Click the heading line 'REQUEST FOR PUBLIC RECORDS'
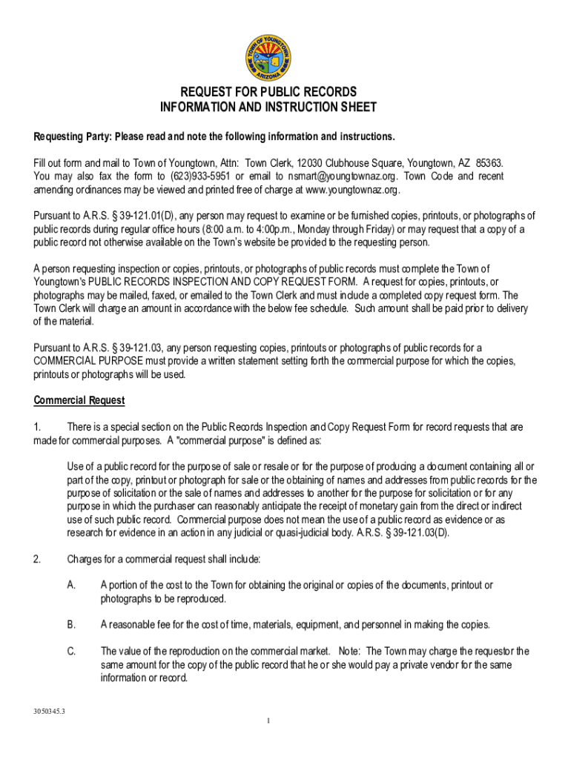click(269, 93)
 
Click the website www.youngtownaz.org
click(352, 190)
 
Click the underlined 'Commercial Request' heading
click(79, 401)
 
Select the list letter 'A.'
click(72, 586)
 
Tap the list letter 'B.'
click(72, 625)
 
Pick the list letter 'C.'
click(72, 652)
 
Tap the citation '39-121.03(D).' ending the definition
click(412, 532)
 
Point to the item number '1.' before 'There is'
click(38, 427)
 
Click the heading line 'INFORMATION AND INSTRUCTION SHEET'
click(268, 107)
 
